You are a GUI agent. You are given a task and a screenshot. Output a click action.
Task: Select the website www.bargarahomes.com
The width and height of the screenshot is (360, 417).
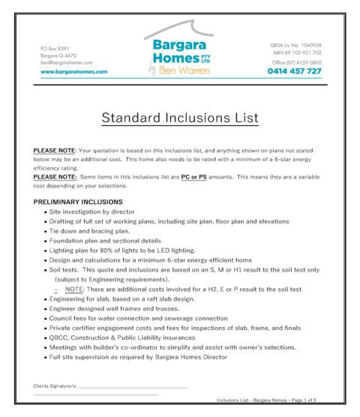pos(73,72)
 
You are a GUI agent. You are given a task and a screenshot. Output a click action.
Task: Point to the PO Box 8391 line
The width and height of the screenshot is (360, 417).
pos(55,49)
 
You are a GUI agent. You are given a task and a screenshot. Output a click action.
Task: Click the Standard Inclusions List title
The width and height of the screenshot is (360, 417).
pos(180,118)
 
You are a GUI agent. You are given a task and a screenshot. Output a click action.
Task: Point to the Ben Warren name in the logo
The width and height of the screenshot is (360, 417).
pos(184,71)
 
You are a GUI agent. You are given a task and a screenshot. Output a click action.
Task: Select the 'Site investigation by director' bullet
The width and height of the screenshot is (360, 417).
pos(100,212)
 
